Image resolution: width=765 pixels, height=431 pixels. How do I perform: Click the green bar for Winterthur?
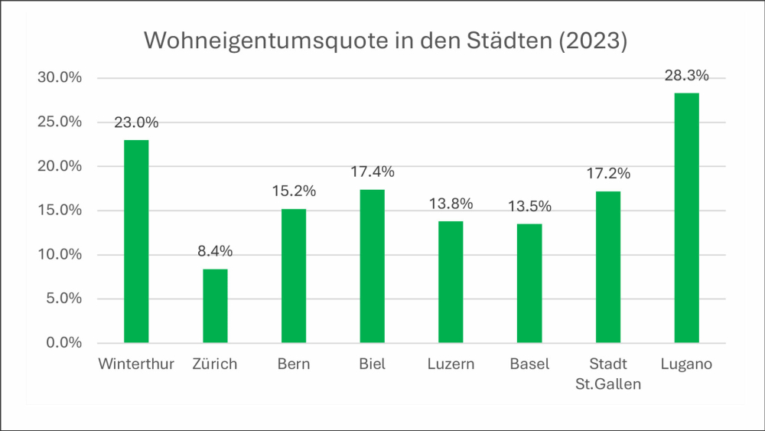click(x=136, y=241)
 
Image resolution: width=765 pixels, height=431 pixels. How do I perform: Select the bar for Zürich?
click(x=215, y=305)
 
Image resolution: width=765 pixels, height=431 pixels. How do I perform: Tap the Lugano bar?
click(x=686, y=217)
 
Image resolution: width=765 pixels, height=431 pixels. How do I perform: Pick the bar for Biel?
click(x=372, y=266)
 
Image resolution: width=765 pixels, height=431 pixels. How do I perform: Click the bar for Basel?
click(x=529, y=283)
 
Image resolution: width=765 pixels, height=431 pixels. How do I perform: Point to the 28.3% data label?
click(x=686, y=76)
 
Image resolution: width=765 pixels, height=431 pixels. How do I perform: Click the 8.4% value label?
click(x=215, y=251)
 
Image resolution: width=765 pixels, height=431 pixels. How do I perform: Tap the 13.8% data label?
click(x=451, y=204)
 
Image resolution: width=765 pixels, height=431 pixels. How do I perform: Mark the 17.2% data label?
click(x=608, y=174)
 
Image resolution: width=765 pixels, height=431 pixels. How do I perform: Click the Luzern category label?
click(x=451, y=364)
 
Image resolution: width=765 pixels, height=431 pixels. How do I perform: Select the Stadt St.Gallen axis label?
click(x=608, y=374)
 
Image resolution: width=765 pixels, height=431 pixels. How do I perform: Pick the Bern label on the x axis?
click(x=294, y=364)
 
